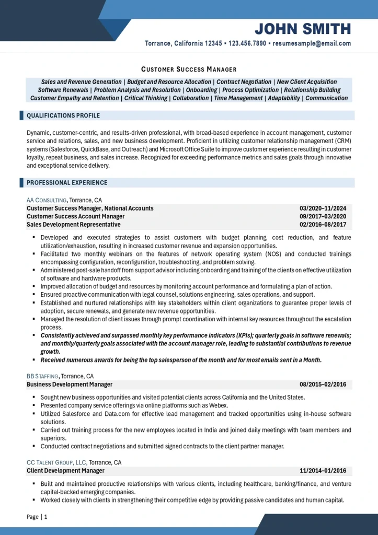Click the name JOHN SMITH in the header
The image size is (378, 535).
click(303, 28)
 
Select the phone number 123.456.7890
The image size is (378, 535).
click(247, 44)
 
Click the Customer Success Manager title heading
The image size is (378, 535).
click(189, 69)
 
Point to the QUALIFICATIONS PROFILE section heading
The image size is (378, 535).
click(63, 115)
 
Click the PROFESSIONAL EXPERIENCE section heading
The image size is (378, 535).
click(67, 183)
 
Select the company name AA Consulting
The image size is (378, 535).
click(47, 200)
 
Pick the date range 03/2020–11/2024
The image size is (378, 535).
click(323, 208)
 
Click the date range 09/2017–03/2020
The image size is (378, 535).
click(323, 216)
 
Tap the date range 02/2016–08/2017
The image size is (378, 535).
click(323, 225)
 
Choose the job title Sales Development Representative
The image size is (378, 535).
click(74, 225)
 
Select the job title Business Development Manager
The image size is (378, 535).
click(70, 385)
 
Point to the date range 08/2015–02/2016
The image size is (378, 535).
click(323, 385)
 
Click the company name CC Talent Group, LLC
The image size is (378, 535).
click(56, 462)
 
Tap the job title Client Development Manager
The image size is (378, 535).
click(65, 471)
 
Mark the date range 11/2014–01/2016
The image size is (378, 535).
click(323, 471)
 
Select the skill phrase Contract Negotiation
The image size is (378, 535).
click(244, 82)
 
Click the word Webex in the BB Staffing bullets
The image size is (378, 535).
click(219, 405)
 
